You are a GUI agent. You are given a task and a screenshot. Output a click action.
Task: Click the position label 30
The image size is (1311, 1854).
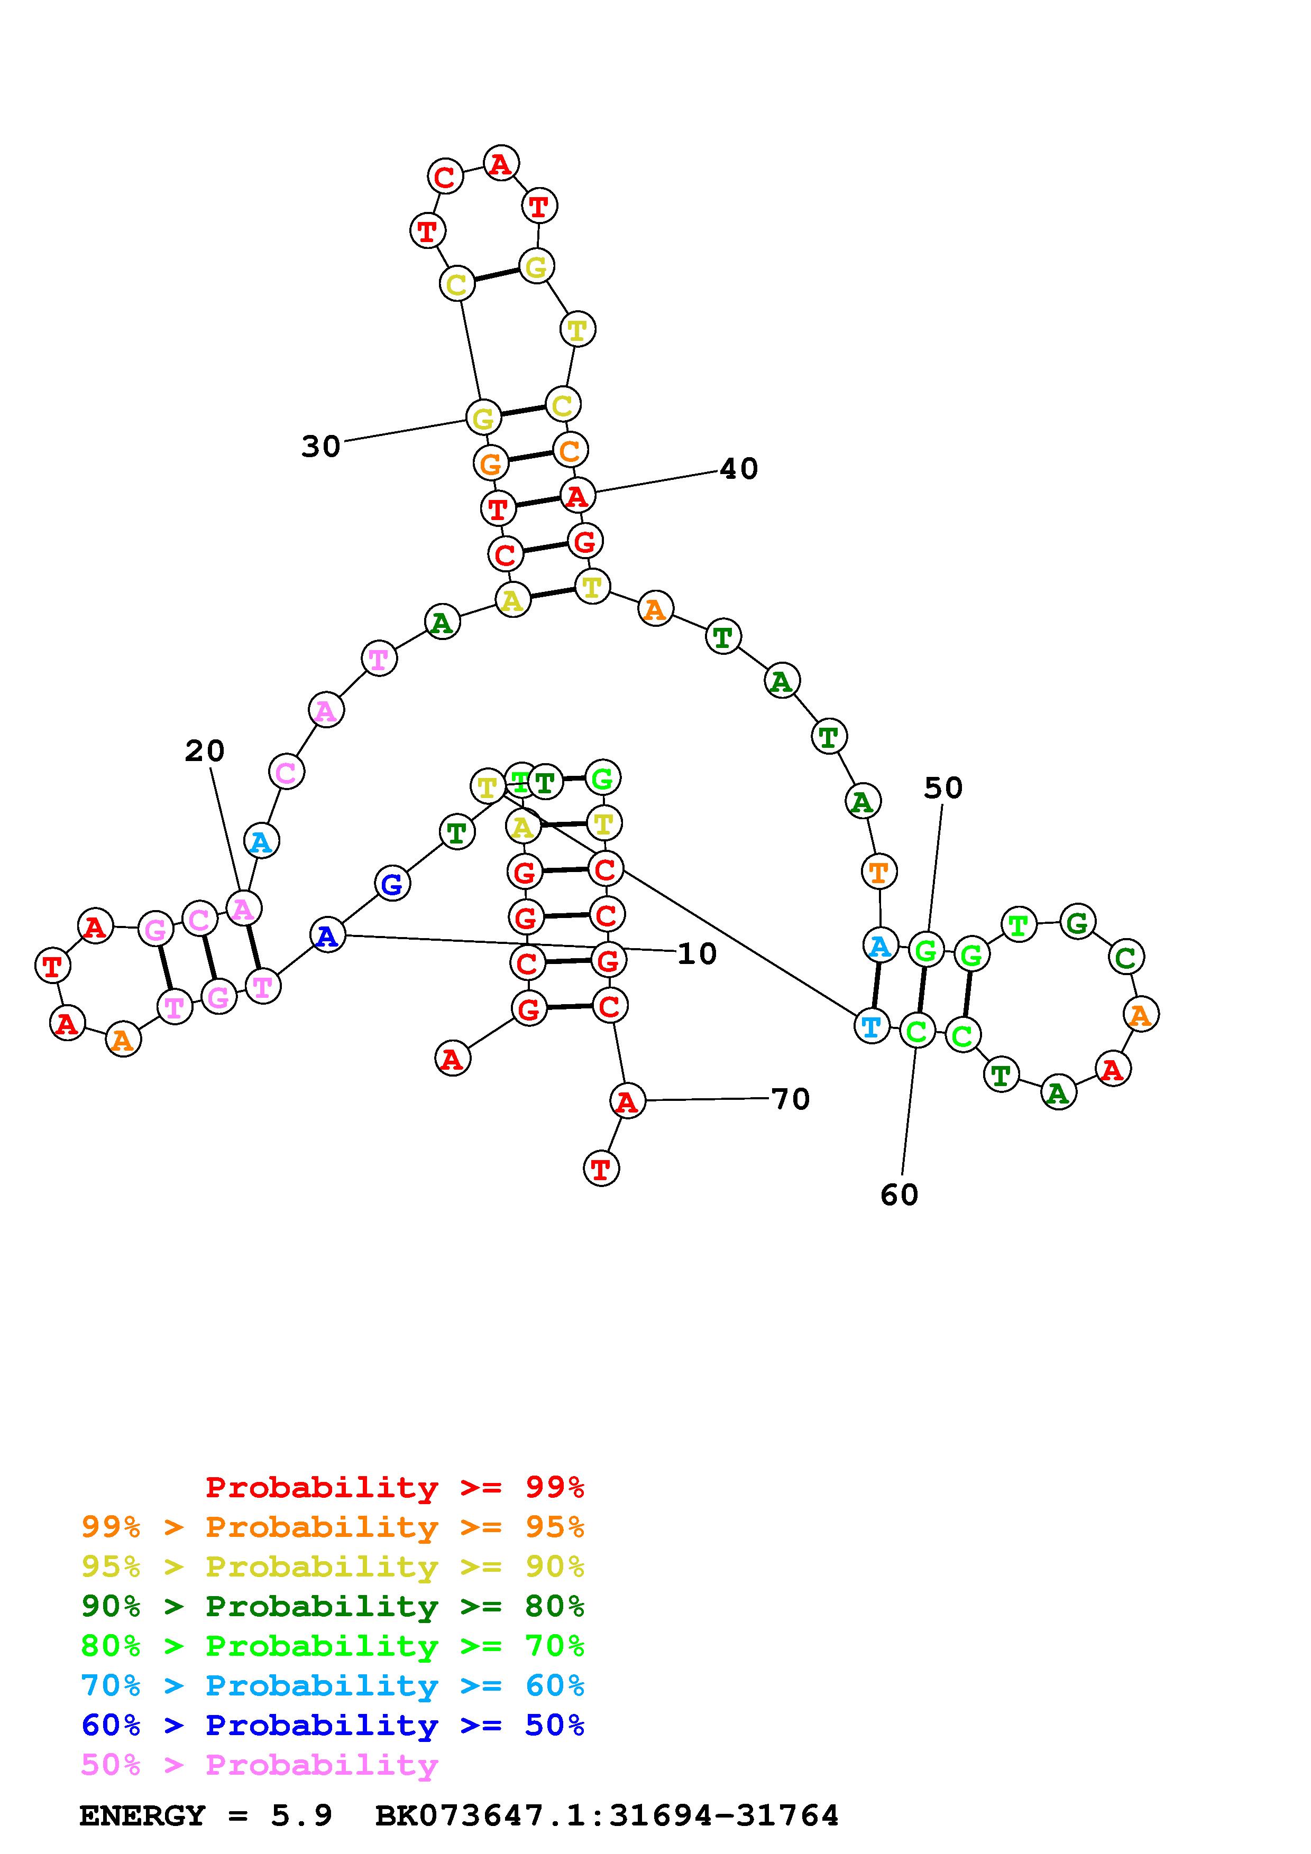click(x=320, y=446)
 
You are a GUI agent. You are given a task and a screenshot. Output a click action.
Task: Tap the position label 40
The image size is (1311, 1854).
click(x=738, y=468)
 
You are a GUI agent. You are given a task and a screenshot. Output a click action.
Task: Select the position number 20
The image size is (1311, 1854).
click(x=204, y=751)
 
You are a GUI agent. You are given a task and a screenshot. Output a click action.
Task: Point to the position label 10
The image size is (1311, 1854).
click(x=696, y=953)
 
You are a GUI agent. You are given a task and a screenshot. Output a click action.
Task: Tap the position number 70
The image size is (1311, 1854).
click(x=790, y=1099)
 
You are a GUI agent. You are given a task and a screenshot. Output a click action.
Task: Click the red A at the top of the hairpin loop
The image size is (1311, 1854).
click(x=501, y=164)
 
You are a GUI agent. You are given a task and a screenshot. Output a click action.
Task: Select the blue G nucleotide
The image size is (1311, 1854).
click(x=392, y=884)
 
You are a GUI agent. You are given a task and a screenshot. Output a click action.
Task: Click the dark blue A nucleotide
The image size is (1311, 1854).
click(x=327, y=936)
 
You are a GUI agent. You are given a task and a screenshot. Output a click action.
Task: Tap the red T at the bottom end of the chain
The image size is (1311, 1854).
click(x=601, y=1169)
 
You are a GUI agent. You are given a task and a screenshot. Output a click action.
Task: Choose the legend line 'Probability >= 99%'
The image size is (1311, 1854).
click(x=395, y=1487)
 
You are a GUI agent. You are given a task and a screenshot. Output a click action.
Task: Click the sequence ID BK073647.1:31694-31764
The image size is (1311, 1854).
click(x=607, y=1815)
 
